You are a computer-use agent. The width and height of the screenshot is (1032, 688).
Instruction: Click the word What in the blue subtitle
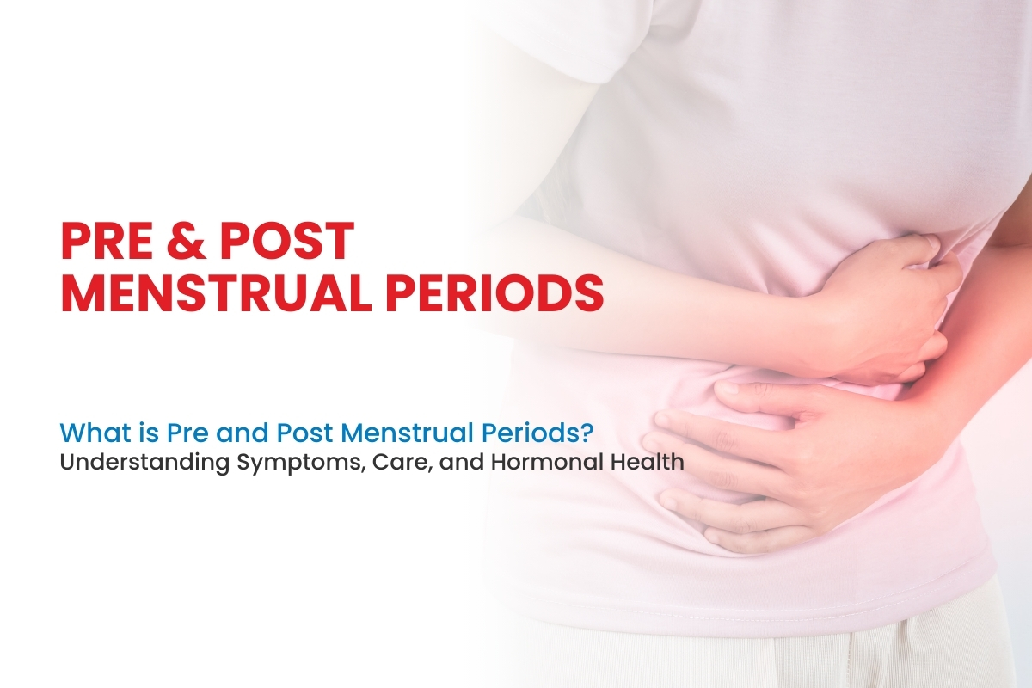point(84,431)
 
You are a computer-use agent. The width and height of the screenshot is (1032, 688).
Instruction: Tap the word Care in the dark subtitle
point(385,462)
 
